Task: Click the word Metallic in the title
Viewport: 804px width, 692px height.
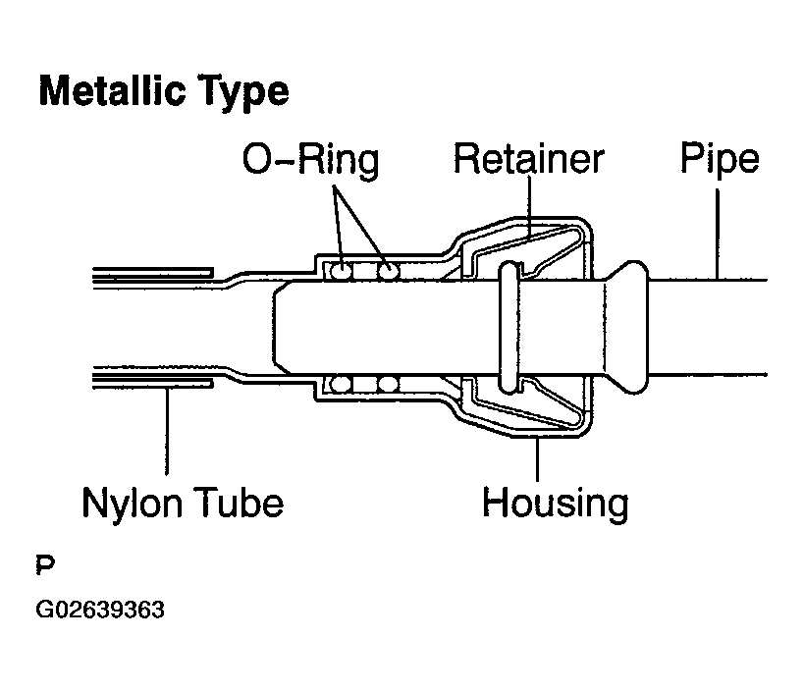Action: click(x=112, y=90)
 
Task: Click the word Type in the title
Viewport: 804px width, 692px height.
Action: click(x=243, y=92)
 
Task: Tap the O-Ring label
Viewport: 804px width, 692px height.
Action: click(x=311, y=160)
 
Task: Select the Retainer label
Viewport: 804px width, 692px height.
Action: click(x=529, y=159)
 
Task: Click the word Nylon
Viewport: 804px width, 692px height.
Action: click(x=132, y=505)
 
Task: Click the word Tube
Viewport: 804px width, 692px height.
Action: click(x=240, y=503)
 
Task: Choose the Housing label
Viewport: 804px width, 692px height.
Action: click(x=556, y=505)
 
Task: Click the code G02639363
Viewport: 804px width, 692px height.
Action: click(x=100, y=610)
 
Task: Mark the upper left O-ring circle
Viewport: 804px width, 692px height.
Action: click(x=340, y=271)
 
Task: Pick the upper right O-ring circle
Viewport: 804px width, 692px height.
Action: click(x=388, y=271)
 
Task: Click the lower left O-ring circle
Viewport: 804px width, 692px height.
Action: click(x=340, y=384)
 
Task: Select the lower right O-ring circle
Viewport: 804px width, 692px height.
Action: click(x=388, y=384)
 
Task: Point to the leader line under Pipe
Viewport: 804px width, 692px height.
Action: click(x=718, y=235)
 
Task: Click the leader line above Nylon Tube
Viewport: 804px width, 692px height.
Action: click(x=167, y=432)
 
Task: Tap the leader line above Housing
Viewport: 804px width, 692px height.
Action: click(x=537, y=458)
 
